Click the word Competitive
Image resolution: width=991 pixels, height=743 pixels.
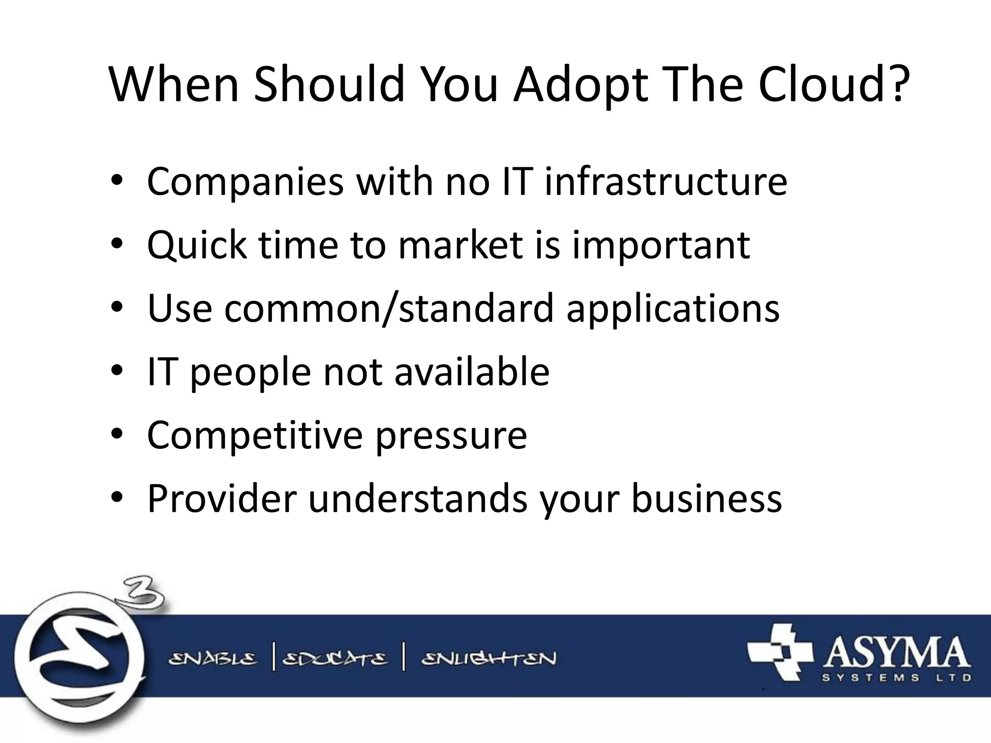255,435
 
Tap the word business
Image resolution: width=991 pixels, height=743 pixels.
706,499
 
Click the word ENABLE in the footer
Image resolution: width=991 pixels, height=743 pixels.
213,659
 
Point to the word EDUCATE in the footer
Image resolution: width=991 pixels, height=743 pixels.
335,659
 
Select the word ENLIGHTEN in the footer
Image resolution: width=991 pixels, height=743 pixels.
489,659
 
